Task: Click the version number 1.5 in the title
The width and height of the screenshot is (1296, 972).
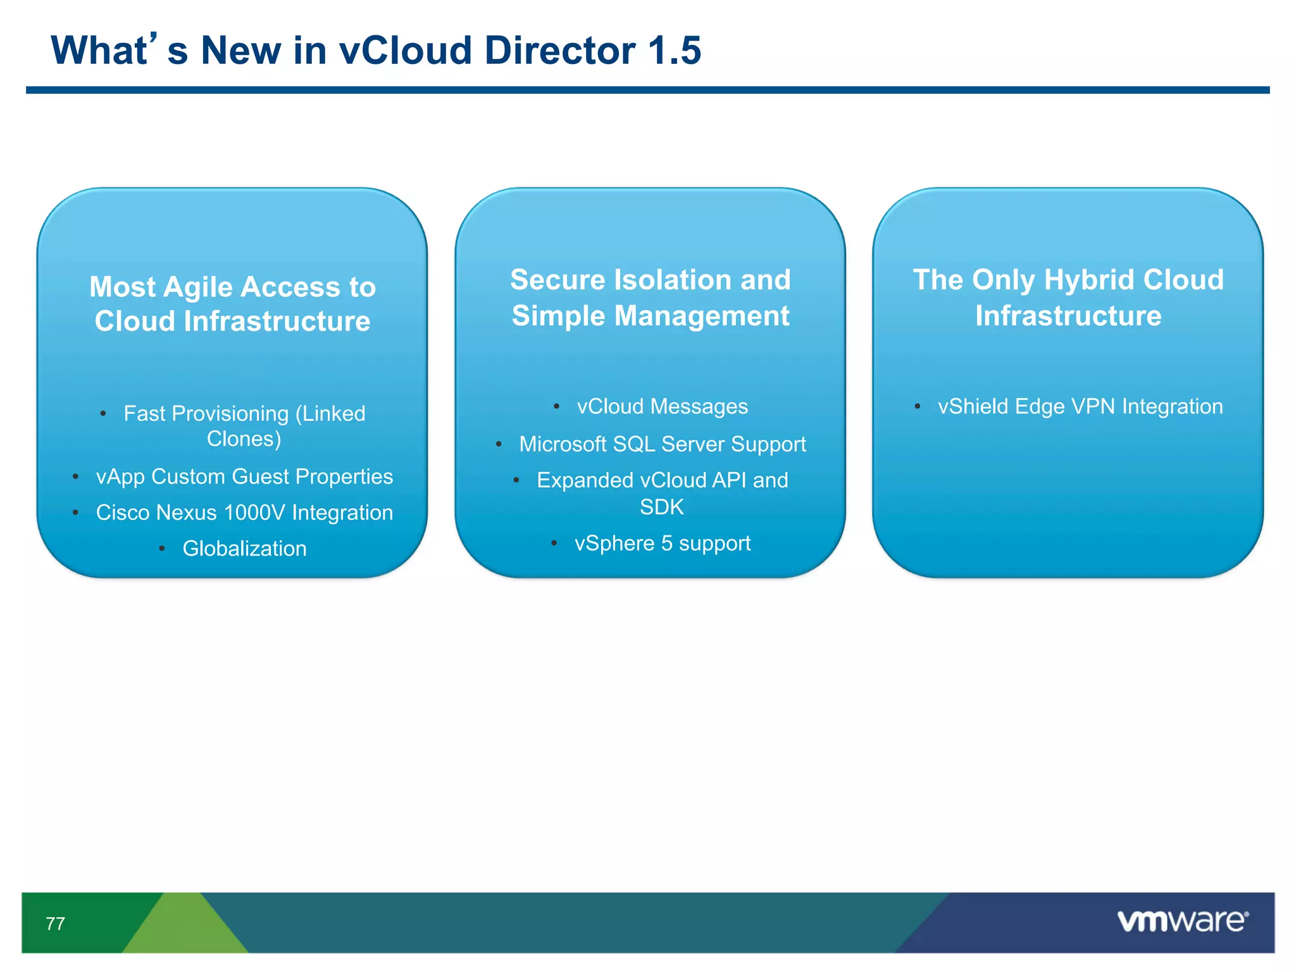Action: point(675,51)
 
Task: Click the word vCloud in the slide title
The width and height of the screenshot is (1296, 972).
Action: point(406,51)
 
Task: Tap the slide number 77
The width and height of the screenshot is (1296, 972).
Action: point(56,924)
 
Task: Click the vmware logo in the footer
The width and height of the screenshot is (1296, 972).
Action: point(1182,921)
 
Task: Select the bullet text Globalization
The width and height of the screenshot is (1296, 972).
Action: point(244,549)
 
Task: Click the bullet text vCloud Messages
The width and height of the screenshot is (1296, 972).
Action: point(662,406)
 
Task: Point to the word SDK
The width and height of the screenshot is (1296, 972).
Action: point(662,507)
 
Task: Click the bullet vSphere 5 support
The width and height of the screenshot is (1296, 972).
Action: point(662,544)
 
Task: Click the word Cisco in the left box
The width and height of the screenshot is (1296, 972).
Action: point(123,513)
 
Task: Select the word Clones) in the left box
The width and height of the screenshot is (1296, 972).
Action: point(244,439)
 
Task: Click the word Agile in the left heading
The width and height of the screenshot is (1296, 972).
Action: point(198,287)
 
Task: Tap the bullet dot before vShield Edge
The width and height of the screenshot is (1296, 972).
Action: point(917,406)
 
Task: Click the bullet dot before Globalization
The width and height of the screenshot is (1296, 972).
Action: point(162,549)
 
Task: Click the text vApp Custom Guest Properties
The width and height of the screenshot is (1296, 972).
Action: point(244,477)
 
